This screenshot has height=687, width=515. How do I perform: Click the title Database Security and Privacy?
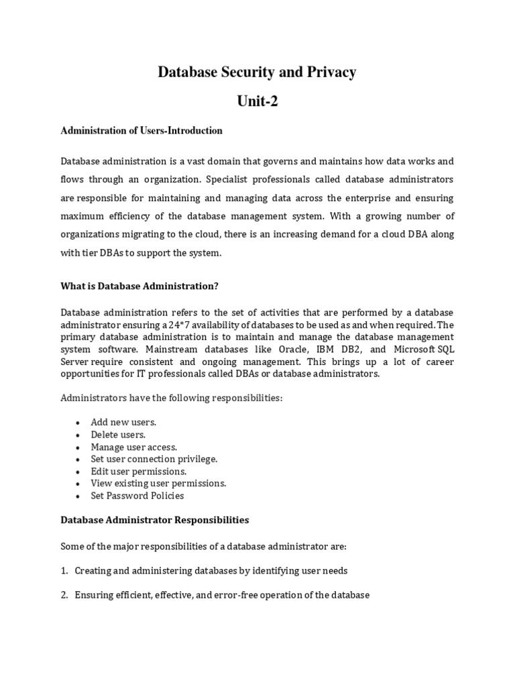(257, 72)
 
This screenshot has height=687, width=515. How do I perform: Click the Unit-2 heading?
(257, 102)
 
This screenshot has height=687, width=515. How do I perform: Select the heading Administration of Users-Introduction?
(141, 131)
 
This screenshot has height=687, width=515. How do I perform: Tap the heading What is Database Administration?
(139, 286)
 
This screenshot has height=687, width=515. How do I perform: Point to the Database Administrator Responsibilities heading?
(155, 520)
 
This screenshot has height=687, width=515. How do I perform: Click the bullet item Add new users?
(123, 422)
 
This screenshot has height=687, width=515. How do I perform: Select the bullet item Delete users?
(118, 435)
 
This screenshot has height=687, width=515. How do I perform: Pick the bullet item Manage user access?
(134, 447)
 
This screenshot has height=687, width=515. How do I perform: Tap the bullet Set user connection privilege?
(154, 459)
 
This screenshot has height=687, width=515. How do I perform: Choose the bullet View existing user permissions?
(159, 483)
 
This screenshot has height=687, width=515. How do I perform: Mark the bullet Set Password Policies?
(137, 496)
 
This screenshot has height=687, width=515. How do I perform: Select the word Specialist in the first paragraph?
(231, 180)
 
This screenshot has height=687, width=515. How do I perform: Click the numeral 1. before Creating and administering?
(64, 570)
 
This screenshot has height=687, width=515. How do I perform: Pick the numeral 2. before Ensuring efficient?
(64, 594)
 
